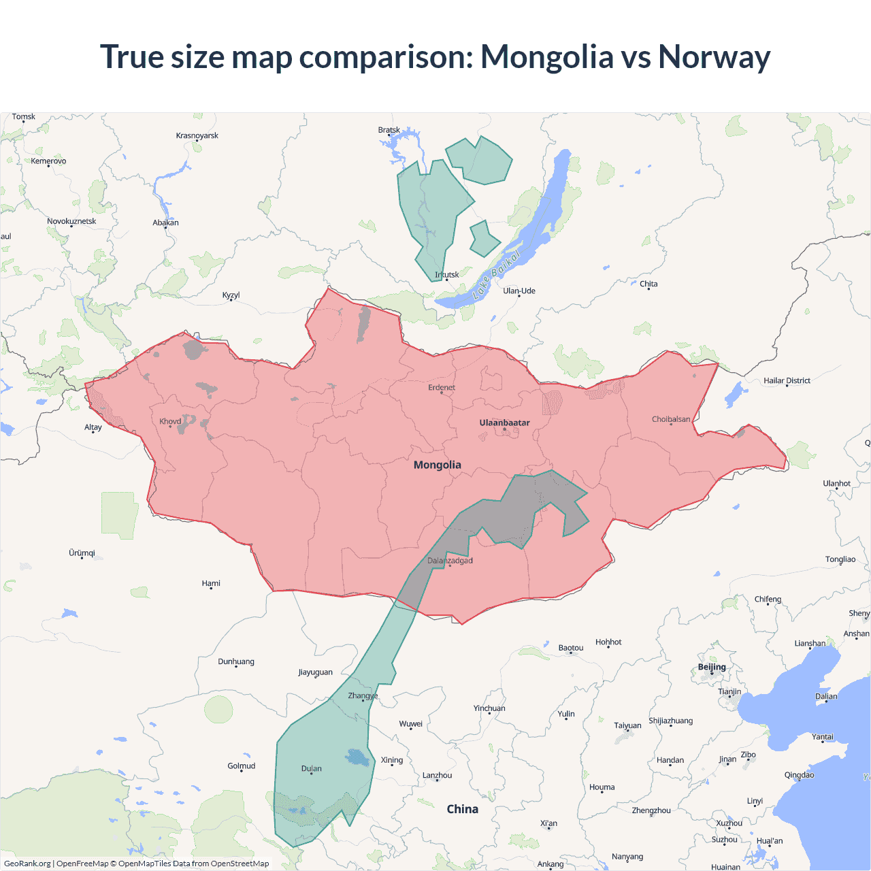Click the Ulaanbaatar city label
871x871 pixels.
point(504,423)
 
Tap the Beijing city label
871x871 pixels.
point(712,667)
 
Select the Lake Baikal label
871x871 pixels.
point(496,275)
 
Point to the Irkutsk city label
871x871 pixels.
point(447,275)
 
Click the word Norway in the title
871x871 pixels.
point(714,56)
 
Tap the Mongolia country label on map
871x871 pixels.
point(438,465)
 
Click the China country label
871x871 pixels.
point(462,809)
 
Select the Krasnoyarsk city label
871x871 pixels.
point(197,135)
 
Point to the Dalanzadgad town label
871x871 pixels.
point(450,561)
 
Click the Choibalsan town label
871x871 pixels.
point(671,419)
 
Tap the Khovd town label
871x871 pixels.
point(170,421)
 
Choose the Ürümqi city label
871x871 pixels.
point(82,553)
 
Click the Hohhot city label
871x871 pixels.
point(608,642)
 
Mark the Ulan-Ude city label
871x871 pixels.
point(519,291)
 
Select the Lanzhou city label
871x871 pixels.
point(437,775)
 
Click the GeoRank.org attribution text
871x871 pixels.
point(27,864)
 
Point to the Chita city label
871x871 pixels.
point(648,284)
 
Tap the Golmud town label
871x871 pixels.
point(242,766)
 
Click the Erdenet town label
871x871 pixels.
point(442,387)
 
